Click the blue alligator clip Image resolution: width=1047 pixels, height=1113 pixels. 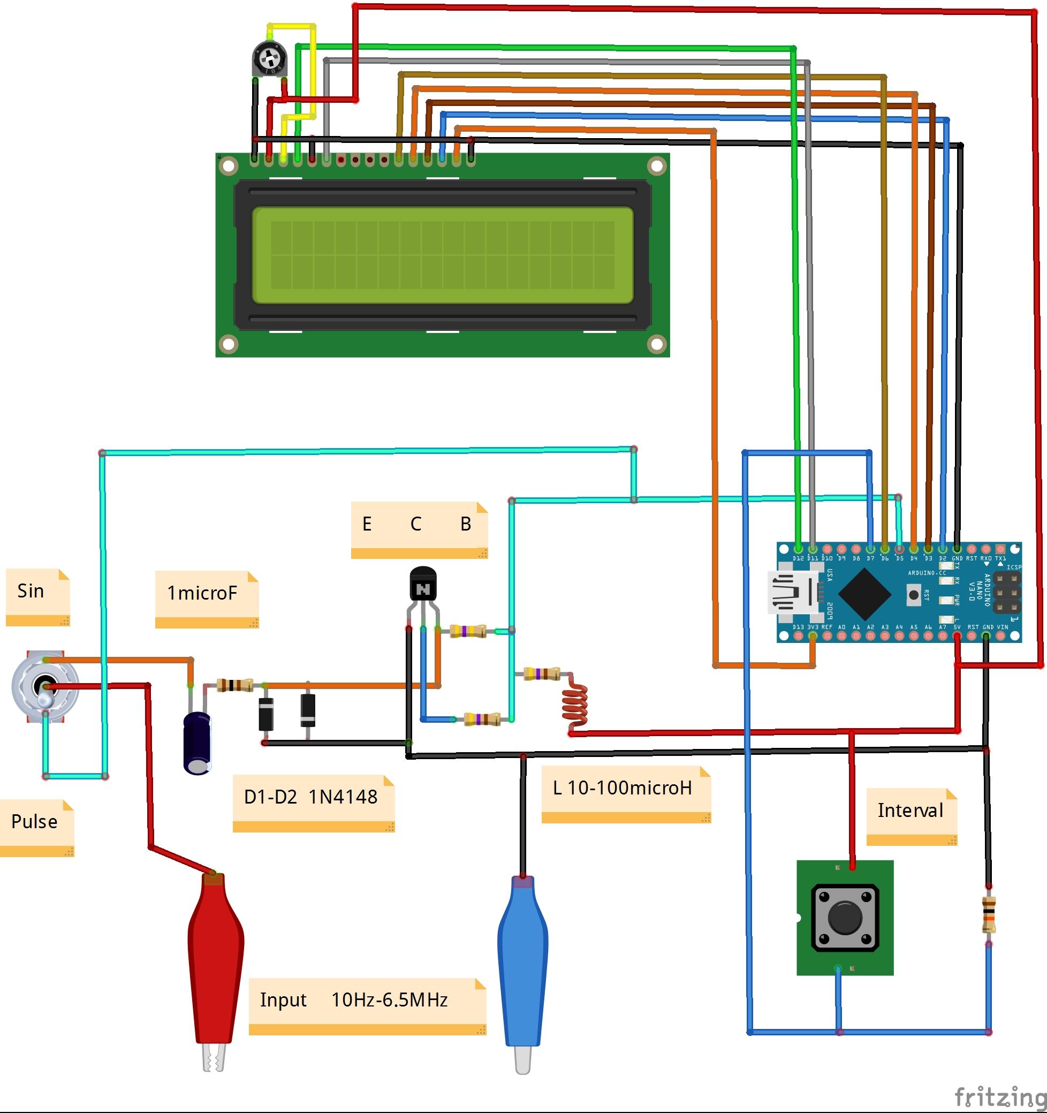(x=522, y=963)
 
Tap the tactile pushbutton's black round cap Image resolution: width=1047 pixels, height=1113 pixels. (x=844, y=918)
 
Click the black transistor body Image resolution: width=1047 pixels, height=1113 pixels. (x=423, y=584)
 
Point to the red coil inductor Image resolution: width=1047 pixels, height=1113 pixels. (x=574, y=707)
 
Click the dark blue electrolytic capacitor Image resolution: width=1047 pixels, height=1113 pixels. (x=197, y=743)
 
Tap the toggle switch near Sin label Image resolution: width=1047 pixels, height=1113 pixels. (x=45, y=687)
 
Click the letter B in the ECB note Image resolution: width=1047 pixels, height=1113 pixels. (x=465, y=524)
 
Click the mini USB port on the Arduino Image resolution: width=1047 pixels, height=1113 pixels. (x=795, y=592)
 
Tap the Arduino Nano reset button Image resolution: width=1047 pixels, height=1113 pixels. (x=914, y=595)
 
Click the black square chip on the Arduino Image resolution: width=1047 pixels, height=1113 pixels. (x=864, y=594)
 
